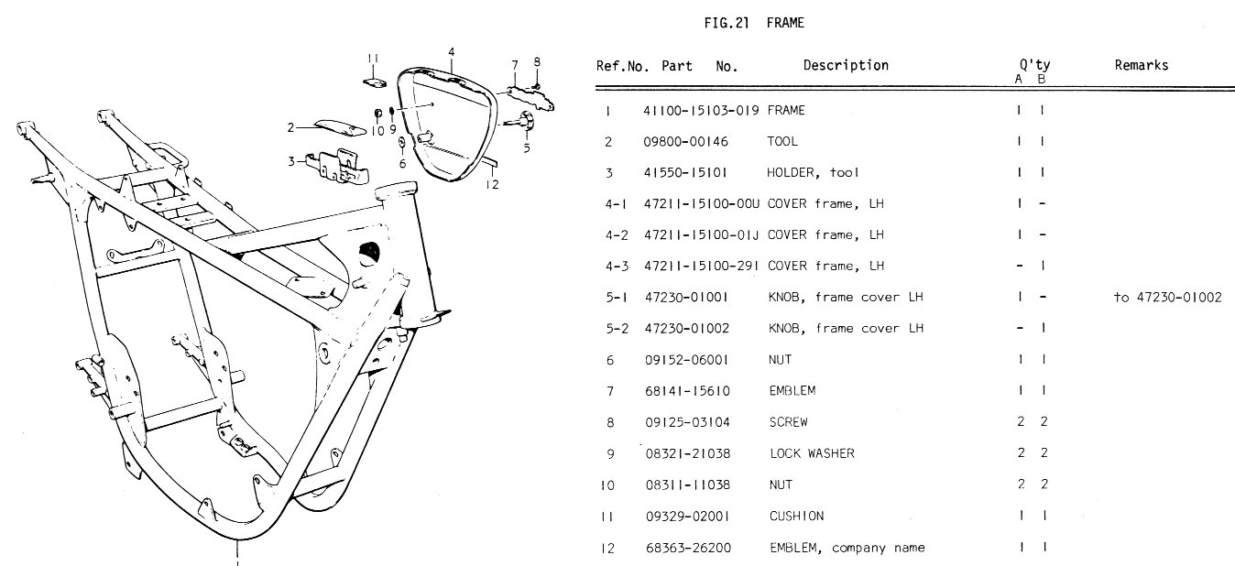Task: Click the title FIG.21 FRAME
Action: tap(754, 23)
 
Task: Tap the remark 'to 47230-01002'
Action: tap(1167, 297)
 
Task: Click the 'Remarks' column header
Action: tap(1141, 65)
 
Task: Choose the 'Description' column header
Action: tap(846, 65)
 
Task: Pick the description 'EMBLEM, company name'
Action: tap(846, 548)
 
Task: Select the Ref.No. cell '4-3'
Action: tap(614, 267)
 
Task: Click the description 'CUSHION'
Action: tap(795, 516)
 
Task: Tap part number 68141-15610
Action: tap(685, 390)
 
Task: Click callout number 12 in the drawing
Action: tap(492, 183)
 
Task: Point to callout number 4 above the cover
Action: tap(452, 52)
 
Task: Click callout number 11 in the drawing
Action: tap(373, 60)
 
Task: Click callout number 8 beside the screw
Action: tap(537, 61)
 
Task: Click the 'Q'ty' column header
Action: tap(1034, 65)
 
